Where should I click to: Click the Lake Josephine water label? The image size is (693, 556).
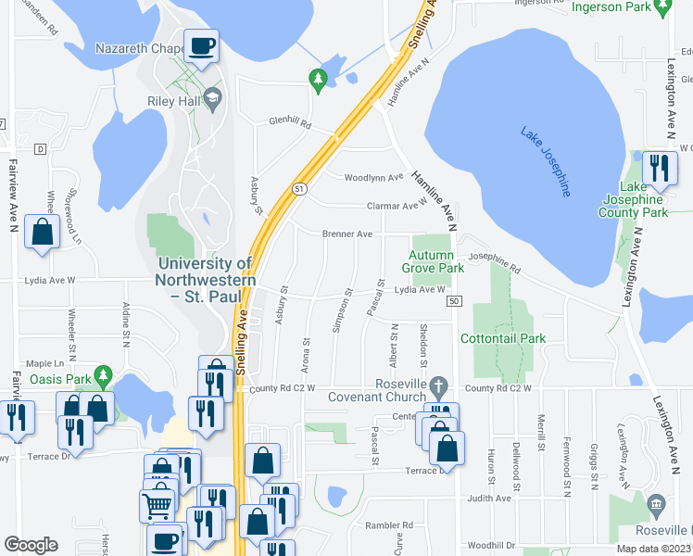545,161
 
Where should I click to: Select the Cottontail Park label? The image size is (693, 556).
509,339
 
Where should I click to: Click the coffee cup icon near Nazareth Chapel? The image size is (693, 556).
201,44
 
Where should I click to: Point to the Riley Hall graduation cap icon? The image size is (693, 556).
213,98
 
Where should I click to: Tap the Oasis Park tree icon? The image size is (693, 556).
106,377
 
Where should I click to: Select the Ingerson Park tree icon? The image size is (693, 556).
661,7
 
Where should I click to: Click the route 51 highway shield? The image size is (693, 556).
298,188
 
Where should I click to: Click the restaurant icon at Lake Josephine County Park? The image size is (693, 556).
659,168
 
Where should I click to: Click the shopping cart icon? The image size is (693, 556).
157,505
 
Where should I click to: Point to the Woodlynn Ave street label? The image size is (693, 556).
373,177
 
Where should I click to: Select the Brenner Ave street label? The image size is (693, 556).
347,234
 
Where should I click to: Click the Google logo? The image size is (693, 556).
31,545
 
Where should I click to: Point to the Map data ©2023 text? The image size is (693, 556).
654,549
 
